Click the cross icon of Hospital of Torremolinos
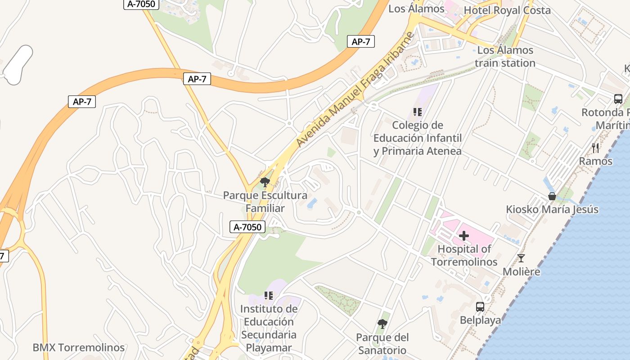pyautogui.click(x=464, y=236)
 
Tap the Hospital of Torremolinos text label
pyautogui.click(x=464, y=255)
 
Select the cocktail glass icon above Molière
pyautogui.click(x=521, y=258)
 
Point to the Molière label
pyautogui.click(x=521, y=271)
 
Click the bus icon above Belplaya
pyautogui.click(x=480, y=307)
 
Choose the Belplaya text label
pyautogui.click(x=480, y=320)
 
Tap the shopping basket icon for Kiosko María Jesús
pyautogui.click(x=552, y=196)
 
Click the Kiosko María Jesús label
pyautogui.click(x=552, y=209)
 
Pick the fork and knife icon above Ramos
pyautogui.click(x=595, y=148)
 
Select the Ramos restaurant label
pyautogui.click(x=595, y=161)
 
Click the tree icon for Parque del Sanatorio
pyautogui.click(x=382, y=324)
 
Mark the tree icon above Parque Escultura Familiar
pyautogui.click(x=265, y=182)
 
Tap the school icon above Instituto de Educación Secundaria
pyautogui.click(x=269, y=296)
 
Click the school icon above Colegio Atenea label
pyautogui.click(x=417, y=112)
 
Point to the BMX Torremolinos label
pyautogui.click(x=78, y=347)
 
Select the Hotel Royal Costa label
pyautogui.click(x=507, y=10)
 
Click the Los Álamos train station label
pyautogui.click(x=505, y=57)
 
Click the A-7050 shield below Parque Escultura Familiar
pyautogui.click(x=247, y=227)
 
